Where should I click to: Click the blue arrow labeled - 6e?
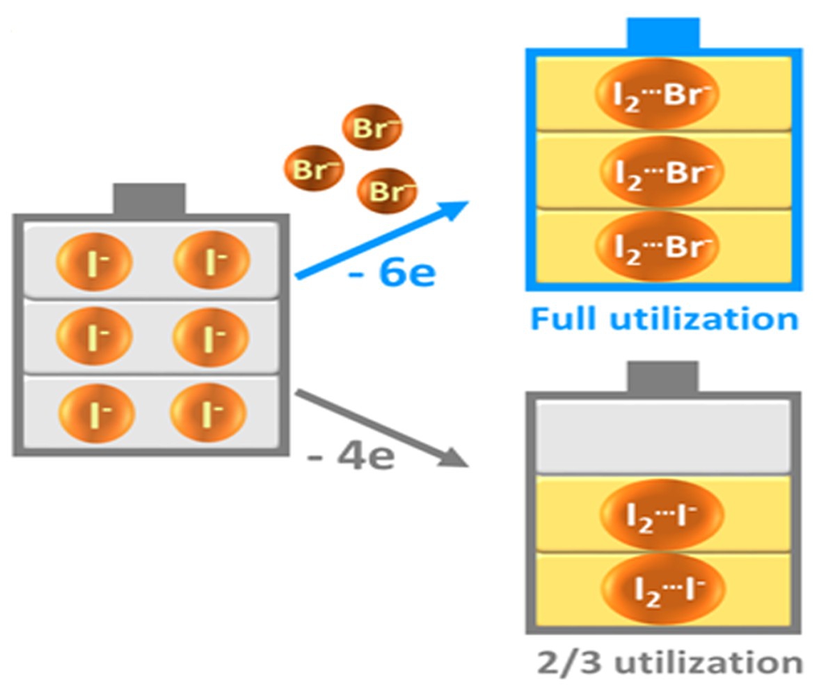pos(382,239)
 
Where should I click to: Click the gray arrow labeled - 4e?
pos(382,427)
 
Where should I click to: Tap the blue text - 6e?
pos(392,274)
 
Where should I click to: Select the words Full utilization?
pos(665,319)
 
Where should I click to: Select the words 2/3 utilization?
pos(670,663)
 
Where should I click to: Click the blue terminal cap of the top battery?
pos(663,33)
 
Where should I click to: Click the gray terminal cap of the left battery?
pos(149,200)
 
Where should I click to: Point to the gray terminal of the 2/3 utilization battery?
pos(662,377)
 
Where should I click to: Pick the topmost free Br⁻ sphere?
pos(372,127)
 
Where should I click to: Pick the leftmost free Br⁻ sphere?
pos(314,168)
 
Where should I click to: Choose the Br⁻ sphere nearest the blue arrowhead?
pos(387,191)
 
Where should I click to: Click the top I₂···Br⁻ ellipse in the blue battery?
pos(657,93)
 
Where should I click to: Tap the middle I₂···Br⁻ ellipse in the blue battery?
pos(662,172)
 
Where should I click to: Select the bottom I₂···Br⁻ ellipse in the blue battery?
pos(657,246)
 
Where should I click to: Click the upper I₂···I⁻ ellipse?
pos(662,515)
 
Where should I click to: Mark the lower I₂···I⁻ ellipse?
pos(663,589)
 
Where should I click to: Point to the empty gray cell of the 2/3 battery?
pos(663,438)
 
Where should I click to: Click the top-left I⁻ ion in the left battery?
pos(94,262)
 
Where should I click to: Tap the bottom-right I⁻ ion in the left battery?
pos(208,413)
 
